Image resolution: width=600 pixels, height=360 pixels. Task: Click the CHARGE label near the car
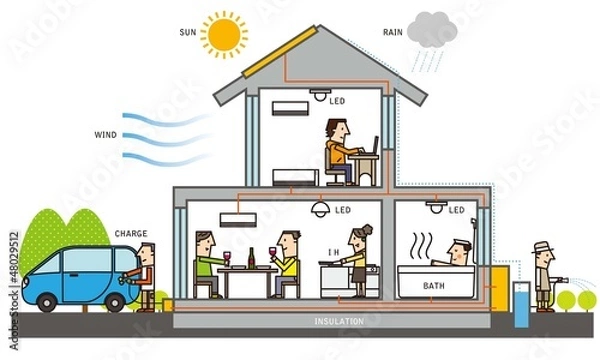(x=131, y=233)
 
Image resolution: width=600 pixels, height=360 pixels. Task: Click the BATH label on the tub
(x=434, y=286)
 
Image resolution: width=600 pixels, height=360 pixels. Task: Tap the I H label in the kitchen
(x=333, y=253)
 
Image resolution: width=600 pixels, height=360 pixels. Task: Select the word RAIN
(x=393, y=33)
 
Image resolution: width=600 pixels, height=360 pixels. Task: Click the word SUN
(x=187, y=32)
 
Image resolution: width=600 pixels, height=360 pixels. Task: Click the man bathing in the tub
(x=457, y=254)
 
